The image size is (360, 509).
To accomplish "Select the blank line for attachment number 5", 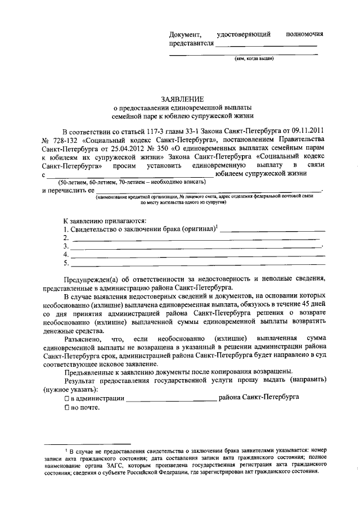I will coord(197,263).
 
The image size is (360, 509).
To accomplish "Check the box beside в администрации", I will coord(66,398).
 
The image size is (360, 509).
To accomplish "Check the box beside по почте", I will coord(66,407).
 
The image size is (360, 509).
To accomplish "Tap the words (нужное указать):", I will coord(70,389).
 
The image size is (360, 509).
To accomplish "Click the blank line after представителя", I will coord(265,44).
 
